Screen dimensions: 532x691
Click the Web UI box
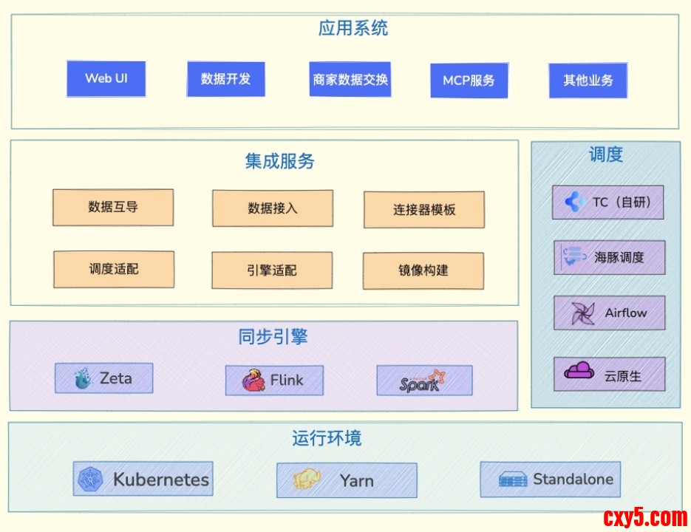(x=106, y=78)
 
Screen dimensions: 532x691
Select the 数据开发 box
(x=225, y=79)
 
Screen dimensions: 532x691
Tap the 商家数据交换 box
(x=350, y=80)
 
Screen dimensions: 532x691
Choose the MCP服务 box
(x=469, y=81)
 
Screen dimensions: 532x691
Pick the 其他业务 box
(x=588, y=81)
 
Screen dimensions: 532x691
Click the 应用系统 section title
(x=353, y=29)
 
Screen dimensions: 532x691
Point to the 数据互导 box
(x=113, y=208)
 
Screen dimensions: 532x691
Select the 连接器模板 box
(x=424, y=210)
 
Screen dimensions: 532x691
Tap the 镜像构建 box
(x=423, y=270)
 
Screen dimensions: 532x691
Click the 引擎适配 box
(x=271, y=270)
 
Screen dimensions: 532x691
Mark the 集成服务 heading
(x=279, y=161)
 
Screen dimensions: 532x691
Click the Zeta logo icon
(x=83, y=379)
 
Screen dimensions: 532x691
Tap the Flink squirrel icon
(x=254, y=381)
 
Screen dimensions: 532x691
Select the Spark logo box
(x=424, y=381)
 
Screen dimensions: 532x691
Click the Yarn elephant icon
(x=307, y=480)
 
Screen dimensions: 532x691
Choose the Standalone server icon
(x=513, y=480)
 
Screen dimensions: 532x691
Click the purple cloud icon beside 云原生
(x=579, y=372)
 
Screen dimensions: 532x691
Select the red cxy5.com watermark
(x=645, y=517)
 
